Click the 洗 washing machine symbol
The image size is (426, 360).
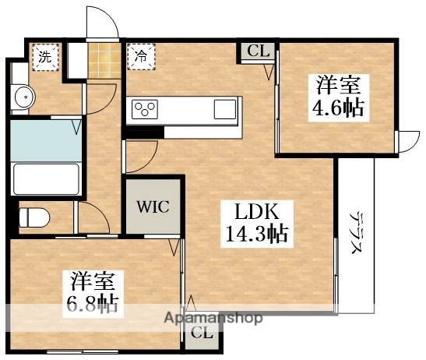pyautogui.click(x=45, y=56)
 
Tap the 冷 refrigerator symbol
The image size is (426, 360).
pyautogui.click(x=141, y=56)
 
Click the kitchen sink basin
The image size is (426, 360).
pyautogui.click(x=225, y=108)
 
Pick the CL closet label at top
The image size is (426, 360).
pyautogui.click(x=258, y=52)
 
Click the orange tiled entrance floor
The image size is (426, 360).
pyautogui.click(x=105, y=58)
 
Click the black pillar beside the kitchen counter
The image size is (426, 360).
pyautogui.click(x=140, y=132)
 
